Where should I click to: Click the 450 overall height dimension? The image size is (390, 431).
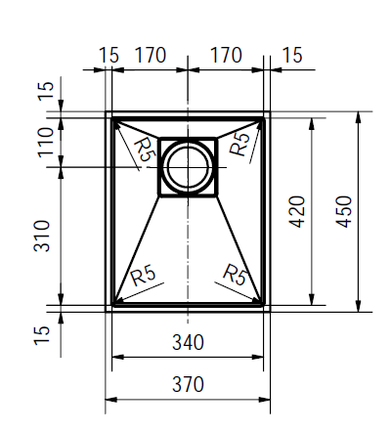click(344, 211)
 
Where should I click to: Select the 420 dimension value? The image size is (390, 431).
click(297, 211)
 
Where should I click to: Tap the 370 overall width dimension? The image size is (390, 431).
click(188, 384)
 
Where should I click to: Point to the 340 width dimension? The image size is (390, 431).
click(188, 342)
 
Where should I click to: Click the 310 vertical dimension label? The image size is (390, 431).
click(42, 237)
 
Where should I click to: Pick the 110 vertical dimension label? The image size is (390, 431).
click(46, 143)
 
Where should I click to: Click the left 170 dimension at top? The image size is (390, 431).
click(151, 55)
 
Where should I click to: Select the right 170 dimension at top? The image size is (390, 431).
click(227, 55)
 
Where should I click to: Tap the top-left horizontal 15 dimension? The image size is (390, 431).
click(108, 55)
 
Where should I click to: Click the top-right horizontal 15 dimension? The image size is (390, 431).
click(292, 55)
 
